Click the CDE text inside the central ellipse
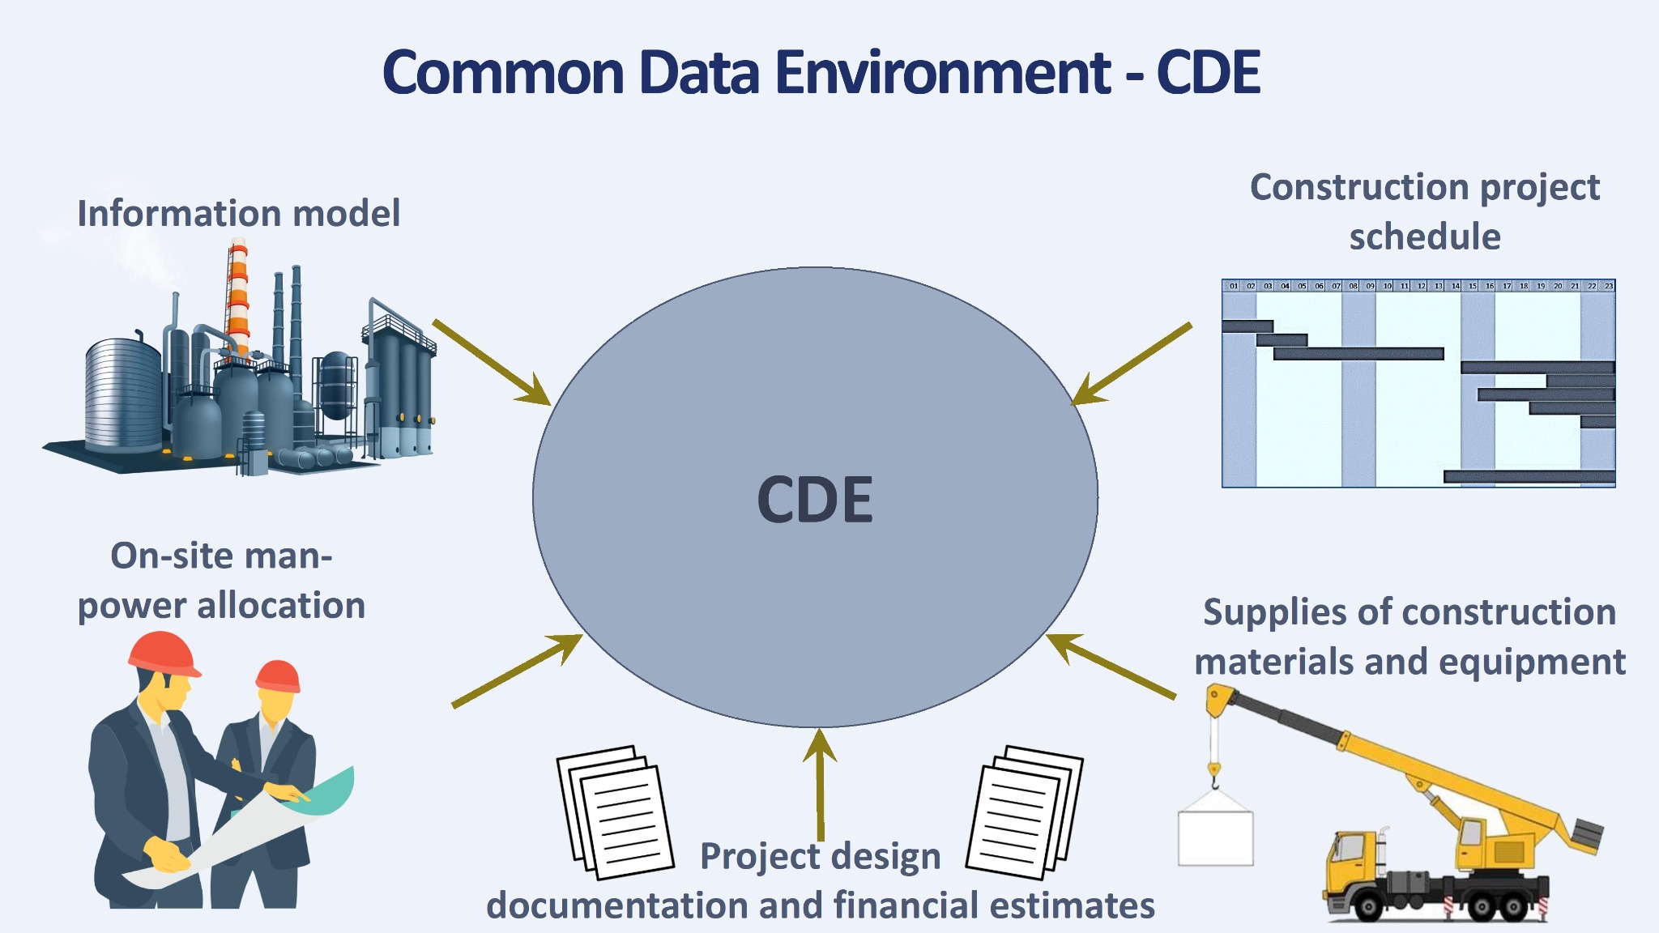(x=815, y=499)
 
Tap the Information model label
(x=238, y=214)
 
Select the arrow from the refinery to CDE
(x=491, y=361)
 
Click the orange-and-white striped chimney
(x=237, y=300)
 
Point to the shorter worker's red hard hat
(x=278, y=676)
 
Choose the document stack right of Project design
(x=1025, y=812)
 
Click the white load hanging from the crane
(x=1215, y=837)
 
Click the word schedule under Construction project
(x=1425, y=237)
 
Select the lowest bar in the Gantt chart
(x=1529, y=476)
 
